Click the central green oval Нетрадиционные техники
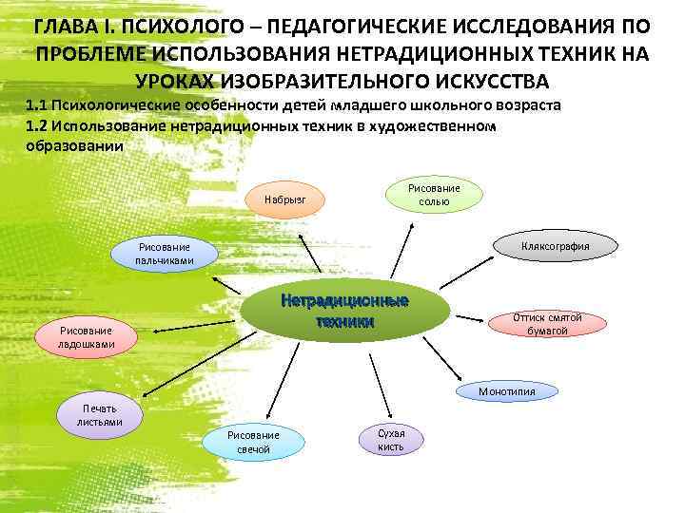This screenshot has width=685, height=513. point(345,311)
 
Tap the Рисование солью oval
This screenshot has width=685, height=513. point(434,195)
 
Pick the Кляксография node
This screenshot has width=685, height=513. point(555,246)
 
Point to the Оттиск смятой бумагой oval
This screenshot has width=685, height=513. point(547,324)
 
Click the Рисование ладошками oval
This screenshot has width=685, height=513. point(87,336)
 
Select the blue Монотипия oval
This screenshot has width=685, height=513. point(507,391)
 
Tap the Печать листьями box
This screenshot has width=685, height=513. point(100,415)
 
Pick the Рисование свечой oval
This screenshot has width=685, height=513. point(252,442)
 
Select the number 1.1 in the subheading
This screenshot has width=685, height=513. point(39,104)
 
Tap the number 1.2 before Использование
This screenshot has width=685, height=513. point(39,126)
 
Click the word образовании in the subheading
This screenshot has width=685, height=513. point(73,147)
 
